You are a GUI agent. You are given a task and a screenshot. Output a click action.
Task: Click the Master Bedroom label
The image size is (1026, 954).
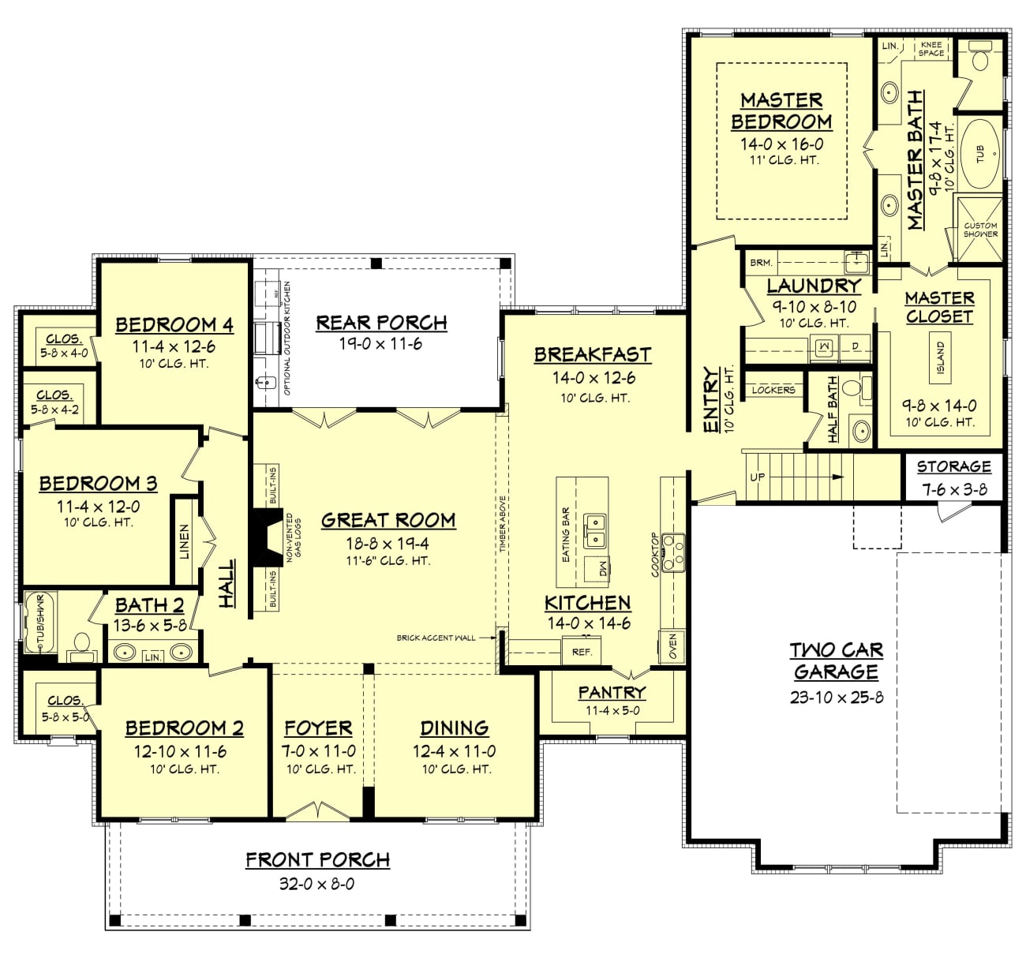(x=781, y=110)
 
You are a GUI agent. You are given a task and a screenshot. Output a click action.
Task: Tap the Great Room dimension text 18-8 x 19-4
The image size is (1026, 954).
(x=388, y=543)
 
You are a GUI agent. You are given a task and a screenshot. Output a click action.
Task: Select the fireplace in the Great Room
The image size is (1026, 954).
(x=264, y=537)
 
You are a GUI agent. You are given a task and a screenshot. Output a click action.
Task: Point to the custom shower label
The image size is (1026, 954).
(x=980, y=230)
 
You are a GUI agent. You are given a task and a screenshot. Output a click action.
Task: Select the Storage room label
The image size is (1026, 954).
(x=953, y=466)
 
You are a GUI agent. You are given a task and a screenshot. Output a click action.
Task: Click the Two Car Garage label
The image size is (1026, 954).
(x=836, y=660)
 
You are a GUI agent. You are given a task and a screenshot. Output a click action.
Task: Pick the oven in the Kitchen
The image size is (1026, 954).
(x=672, y=646)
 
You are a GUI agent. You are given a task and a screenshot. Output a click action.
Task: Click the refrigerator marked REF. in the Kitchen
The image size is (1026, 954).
(x=582, y=652)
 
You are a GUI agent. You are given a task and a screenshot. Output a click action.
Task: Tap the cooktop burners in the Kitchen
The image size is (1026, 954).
(x=672, y=552)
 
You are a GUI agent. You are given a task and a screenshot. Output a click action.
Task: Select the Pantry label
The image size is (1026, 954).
(x=612, y=693)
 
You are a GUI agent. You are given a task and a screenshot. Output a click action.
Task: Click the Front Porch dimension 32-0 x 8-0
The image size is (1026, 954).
(x=316, y=884)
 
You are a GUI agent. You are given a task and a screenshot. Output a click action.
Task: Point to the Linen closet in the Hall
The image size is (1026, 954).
(x=185, y=541)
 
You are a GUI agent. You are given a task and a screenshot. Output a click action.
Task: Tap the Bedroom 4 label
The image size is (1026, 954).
(x=174, y=324)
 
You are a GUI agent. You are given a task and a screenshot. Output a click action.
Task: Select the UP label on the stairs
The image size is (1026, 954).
(x=757, y=477)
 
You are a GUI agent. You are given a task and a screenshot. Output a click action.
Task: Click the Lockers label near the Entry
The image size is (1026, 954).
(x=773, y=390)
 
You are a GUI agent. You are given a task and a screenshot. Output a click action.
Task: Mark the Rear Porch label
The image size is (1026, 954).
(x=381, y=323)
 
